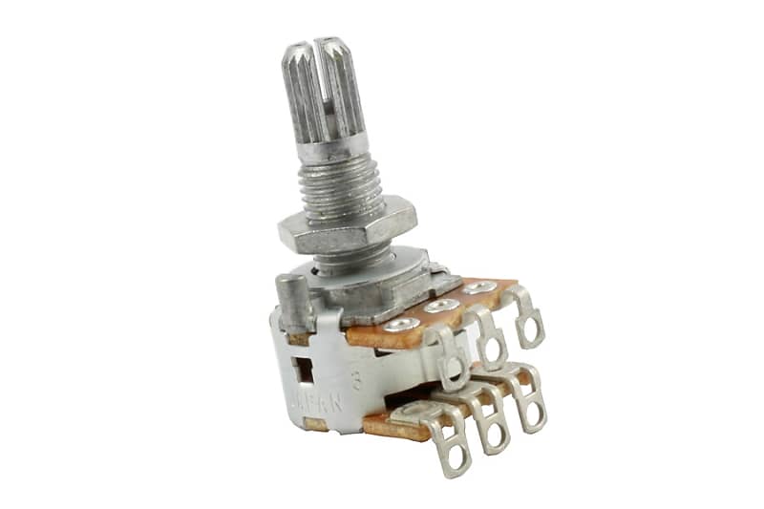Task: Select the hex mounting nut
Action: tap(348, 229)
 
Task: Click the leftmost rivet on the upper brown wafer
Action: tap(400, 325)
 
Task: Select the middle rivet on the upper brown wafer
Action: tap(441, 306)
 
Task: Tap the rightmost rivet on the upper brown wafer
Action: tap(479, 287)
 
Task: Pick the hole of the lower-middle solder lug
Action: tap(496, 435)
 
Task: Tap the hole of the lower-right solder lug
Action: tap(531, 414)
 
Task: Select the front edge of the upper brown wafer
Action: tap(382, 338)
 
